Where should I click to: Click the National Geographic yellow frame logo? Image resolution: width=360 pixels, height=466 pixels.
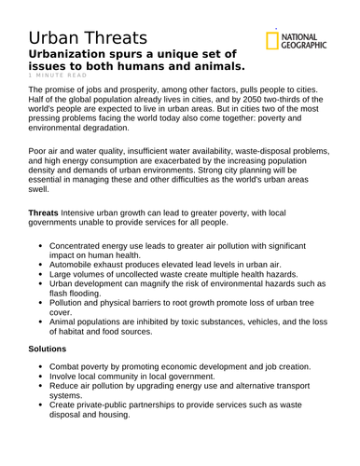(271, 40)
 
